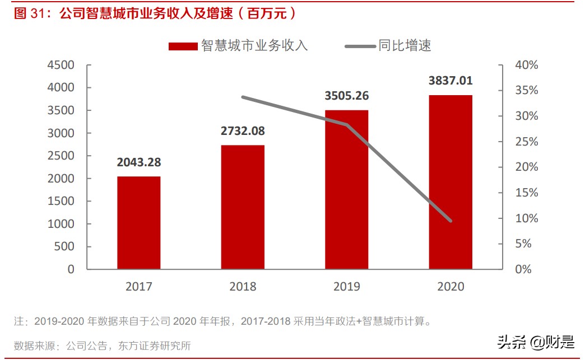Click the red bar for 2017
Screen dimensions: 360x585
pos(138,223)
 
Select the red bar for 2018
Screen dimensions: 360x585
pos(243,207)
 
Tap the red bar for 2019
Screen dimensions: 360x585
pos(347,189)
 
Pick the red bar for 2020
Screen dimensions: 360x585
pos(451,182)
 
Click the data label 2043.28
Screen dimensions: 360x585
pos(138,162)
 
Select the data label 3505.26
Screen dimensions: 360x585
pos(347,96)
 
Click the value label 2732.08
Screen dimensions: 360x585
pos(243,131)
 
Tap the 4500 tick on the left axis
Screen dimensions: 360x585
pos(61,65)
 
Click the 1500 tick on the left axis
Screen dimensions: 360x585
pos(61,201)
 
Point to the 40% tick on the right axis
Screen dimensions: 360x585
pos(526,65)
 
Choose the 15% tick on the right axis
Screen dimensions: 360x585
pos(526,193)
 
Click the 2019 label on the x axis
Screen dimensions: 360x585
pos(347,287)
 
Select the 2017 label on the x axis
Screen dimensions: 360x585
pos(138,287)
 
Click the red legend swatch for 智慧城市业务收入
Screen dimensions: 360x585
pos(183,46)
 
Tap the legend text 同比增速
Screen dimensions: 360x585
pos(405,46)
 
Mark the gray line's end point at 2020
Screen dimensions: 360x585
pos(451,221)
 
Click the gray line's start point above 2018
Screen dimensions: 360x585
pos(243,97)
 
